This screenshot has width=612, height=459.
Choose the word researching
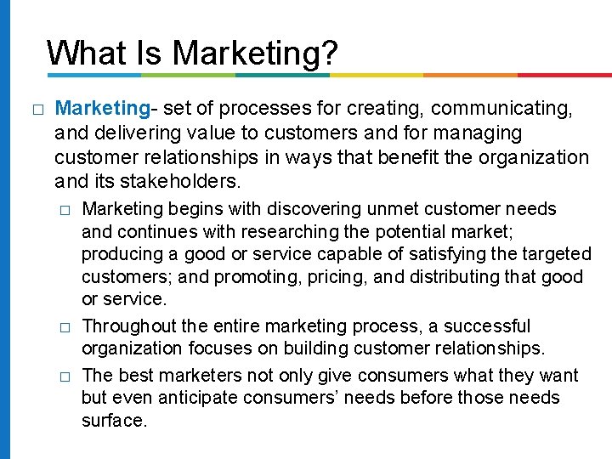coord(285,231)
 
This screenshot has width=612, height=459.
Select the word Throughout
coord(127,326)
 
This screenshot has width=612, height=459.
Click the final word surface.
coord(115,420)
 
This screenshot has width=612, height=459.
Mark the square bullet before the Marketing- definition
coord(36,110)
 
